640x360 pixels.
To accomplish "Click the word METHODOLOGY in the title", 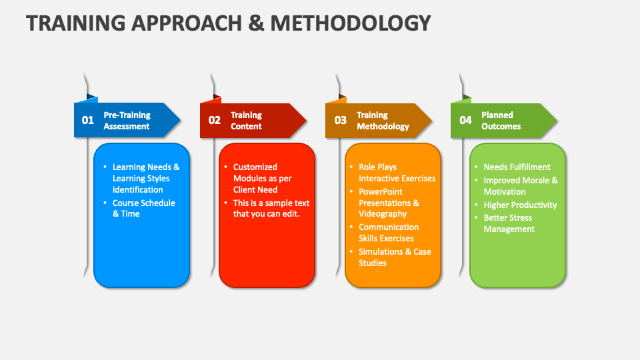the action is click(351, 23).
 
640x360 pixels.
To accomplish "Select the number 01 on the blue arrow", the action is click(88, 120).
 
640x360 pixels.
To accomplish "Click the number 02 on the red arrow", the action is click(214, 120).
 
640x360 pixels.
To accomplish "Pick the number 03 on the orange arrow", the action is click(341, 120).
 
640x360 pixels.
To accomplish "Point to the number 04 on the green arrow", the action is click(465, 120).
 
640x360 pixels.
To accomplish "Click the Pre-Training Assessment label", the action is click(127, 121).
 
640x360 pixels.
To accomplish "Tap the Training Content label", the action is click(246, 121).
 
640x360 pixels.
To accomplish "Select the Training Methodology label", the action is click(383, 121).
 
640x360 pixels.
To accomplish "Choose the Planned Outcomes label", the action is click(501, 121).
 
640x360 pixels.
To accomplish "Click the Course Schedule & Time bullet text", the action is click(144, 208).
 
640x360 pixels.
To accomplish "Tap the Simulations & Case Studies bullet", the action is click(395, 257).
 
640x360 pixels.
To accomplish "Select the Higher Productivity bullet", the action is click(520, 205).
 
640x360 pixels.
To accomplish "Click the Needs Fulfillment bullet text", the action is click(517, 167).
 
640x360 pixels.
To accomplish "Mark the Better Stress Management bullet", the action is click(509, 223).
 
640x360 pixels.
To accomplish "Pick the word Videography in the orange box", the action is click(383, 214).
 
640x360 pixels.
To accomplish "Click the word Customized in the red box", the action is click(255, 167).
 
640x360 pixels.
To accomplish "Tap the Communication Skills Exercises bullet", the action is click(389, 233).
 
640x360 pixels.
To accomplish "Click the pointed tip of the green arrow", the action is click(557, 121).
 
